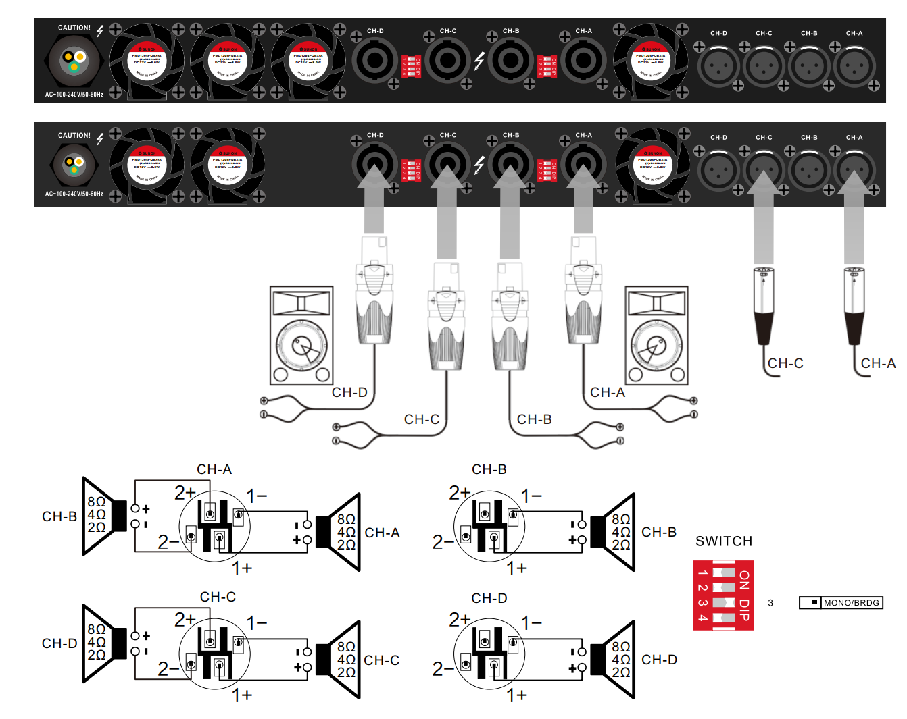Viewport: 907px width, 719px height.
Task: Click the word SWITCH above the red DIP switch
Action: pos(723,541)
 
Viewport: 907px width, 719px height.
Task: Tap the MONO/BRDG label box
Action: pos(851,603)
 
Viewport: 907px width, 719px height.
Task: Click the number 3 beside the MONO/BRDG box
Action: pos(770,603)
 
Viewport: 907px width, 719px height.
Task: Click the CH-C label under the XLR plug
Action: pos(785,364)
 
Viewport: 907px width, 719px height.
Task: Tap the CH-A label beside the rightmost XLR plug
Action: pos(878,364)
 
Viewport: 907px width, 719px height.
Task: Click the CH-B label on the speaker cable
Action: pos(534,420)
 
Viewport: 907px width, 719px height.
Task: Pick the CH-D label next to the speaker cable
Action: pos(349,393)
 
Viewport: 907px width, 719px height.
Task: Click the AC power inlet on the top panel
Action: pos(74,61)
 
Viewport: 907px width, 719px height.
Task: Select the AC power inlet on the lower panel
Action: pos(74,164)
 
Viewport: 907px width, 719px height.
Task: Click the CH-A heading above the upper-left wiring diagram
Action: pos(214,469)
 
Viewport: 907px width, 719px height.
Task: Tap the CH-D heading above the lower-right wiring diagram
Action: pos(489,598)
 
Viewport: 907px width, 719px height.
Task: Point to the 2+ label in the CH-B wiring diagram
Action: pos(460,493)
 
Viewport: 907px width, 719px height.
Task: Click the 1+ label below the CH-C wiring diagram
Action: pos(242,695)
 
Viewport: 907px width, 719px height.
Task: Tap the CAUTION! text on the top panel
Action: pos(74,28)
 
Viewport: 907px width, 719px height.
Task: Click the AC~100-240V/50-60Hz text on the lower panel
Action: pos(74,194)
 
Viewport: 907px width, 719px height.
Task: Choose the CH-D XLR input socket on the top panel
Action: pos(718,67)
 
